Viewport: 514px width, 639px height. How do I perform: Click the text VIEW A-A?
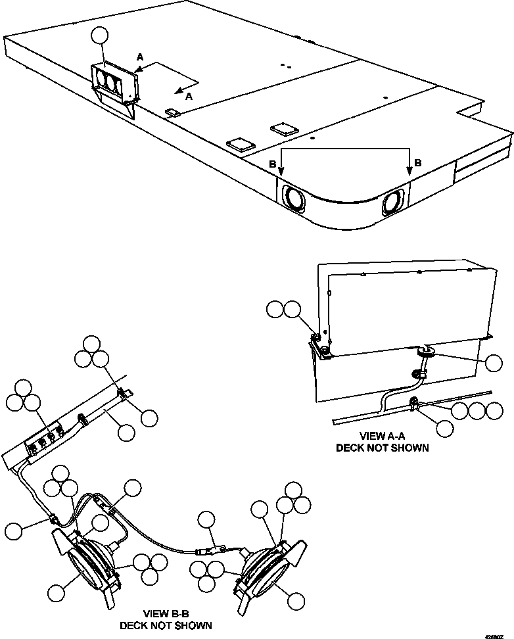click(x=382, y=436)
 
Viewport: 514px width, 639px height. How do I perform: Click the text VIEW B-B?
click(x=165, y=613)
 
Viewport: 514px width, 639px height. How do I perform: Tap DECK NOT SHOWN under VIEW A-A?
click(x=382, y=448)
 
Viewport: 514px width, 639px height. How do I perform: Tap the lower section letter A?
click(x=189, y=97)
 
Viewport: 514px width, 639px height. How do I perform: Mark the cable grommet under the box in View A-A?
click(x=422, y=352)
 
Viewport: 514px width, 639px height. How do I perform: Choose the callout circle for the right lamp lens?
click(x=297, y=600)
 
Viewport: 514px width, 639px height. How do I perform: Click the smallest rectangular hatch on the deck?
click(x=172, y=112)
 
